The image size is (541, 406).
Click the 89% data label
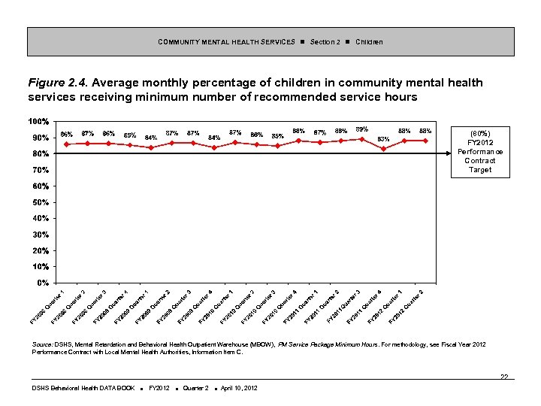click(361, 130)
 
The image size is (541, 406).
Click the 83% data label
click(383, 139)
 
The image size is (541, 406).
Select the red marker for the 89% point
click(362, 139)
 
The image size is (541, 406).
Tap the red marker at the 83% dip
click(384, 148)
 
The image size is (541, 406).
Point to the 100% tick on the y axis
click(39, 122)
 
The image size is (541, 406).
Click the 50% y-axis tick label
click(41, 202)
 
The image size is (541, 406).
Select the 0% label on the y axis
click(44, 283)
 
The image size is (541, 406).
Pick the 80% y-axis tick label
click(41, 154)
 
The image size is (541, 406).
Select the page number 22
click(504, 377)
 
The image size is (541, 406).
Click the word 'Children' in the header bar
click(369, 42)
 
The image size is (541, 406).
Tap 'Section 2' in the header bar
click(325, 42)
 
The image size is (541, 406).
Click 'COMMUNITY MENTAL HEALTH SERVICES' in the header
click(226, 42)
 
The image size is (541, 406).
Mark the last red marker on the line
click(426, 141)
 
